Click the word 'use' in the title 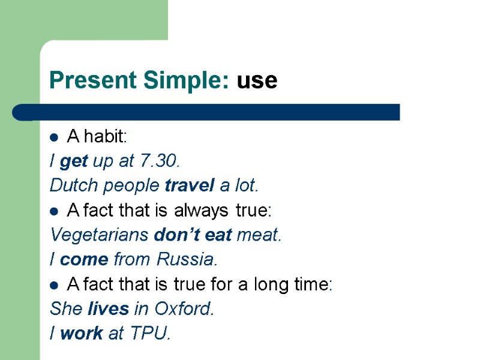[257, 80]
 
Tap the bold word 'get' [74, 161]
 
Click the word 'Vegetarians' [100, 235]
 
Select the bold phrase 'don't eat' [193, 235]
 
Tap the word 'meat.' [259, 235]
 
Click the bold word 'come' [84, 260]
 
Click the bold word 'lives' [109, 309]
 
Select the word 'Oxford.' [184, 309]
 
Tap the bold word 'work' [82, 334]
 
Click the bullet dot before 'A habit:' [53, 138]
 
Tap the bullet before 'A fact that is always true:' [53, 212]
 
